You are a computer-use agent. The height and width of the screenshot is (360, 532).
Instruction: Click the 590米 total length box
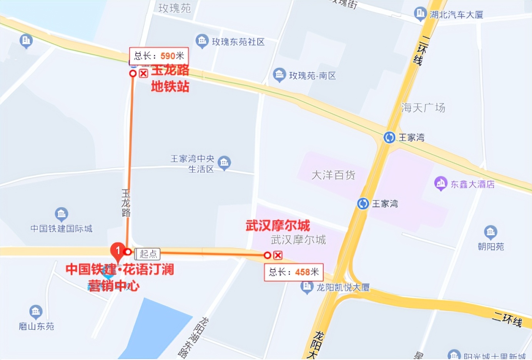coord(159,56)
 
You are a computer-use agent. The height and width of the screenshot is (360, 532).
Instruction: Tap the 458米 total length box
coord(294,272)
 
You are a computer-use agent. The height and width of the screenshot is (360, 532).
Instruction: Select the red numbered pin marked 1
coord(118,251)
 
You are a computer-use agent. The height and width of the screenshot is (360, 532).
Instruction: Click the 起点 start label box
coord(148,254)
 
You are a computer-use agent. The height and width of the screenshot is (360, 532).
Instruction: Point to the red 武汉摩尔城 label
coord(278,226)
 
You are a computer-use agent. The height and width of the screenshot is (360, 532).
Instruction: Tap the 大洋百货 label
coord(333,175)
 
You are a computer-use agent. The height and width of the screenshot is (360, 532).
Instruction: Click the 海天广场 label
coord(423,108)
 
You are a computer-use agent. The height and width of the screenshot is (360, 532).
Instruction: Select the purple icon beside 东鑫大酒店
coord(441,183)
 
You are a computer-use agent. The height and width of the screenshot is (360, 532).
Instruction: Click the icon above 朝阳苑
coord(490,232)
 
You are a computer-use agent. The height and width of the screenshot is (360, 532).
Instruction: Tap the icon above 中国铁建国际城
coord(62,214)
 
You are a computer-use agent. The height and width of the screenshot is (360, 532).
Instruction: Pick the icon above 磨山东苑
coord(36,312)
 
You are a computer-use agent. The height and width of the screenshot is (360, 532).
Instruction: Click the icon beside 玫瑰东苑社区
coord(202,41)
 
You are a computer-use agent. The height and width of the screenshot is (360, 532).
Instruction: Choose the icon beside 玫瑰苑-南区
coord(279,75)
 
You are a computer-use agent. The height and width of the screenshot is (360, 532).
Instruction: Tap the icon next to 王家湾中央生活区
coord(224,163)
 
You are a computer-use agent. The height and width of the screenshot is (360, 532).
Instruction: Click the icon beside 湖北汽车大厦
coord(420,14)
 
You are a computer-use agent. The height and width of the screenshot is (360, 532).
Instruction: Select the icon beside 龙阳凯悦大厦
coord(306,287)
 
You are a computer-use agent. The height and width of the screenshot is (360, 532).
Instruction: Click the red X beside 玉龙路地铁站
coord(143,73)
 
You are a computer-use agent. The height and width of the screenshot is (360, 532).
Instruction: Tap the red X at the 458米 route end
coord(278,255)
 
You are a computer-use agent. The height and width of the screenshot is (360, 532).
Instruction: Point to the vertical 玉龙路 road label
coord(126,203)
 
